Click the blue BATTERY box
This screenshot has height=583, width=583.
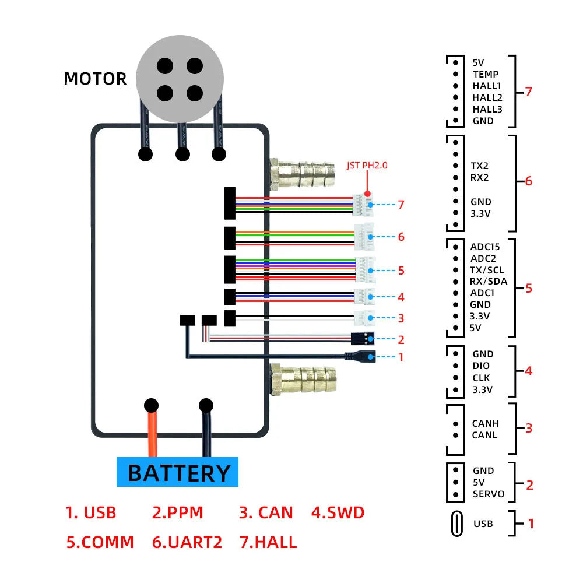[178, 472]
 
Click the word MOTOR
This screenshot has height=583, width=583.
[95, 79]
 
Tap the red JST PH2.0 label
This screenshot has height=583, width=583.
[367, 165]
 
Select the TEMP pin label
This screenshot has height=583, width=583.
[486, 74]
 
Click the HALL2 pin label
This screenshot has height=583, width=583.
[487, 97]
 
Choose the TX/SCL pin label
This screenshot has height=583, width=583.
[488, 270]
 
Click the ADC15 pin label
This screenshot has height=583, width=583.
[485, 247]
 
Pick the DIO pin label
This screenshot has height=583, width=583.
[482, 366]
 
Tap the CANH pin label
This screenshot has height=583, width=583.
[485, 423]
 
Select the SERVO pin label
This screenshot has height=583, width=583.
[489, 494]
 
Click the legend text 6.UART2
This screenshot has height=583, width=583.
[187, 542]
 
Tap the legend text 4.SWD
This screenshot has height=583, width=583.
[338, 513]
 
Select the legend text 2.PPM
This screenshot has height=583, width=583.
[178, 513]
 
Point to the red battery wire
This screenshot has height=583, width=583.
[153, 434]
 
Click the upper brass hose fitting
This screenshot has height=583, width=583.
[304, 173]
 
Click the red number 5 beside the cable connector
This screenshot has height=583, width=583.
[401, 271]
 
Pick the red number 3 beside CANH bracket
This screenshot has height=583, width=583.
[529, 428]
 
